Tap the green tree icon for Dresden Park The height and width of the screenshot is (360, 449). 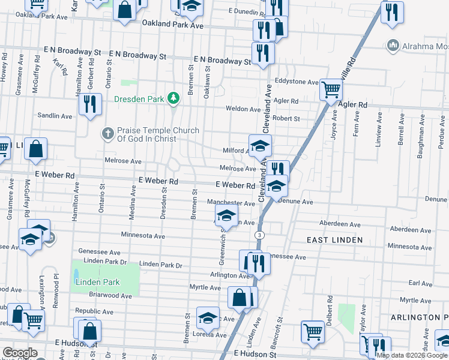173,97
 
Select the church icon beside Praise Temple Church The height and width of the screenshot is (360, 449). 107,133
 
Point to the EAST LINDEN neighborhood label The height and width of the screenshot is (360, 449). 334,240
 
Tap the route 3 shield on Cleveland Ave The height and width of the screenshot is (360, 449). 259,234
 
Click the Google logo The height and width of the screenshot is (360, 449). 19,353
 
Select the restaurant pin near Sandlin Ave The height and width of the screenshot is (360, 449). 89,104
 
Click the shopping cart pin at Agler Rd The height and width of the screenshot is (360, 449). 330,91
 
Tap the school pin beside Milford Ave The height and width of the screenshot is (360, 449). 261,146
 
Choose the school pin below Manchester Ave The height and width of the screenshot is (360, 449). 226,215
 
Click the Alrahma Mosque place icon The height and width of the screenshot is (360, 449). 393,46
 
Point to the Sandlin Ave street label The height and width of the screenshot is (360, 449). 55,115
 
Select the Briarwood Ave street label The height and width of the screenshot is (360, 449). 109,295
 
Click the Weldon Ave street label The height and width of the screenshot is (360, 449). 243,109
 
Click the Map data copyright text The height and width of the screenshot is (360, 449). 412,355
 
